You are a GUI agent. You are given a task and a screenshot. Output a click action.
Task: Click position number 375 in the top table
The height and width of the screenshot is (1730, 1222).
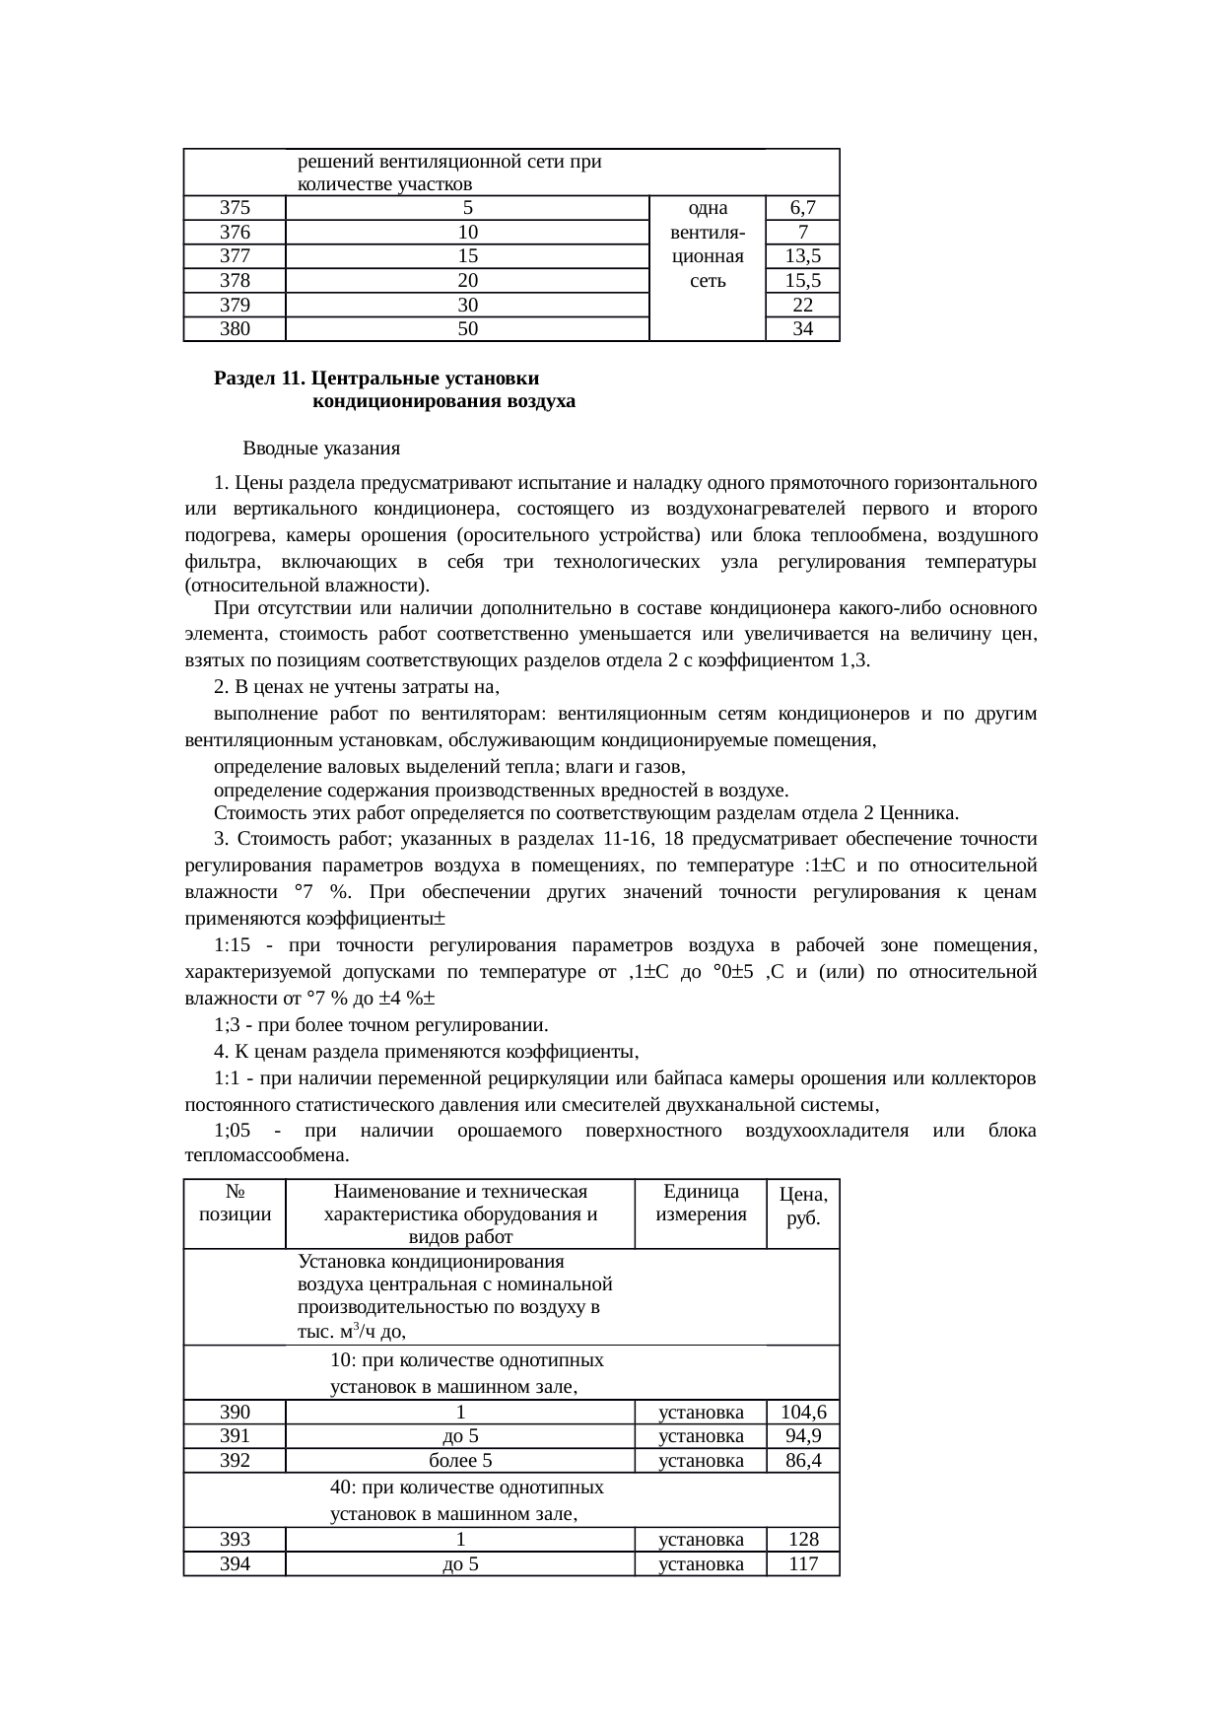[x=235, y=208]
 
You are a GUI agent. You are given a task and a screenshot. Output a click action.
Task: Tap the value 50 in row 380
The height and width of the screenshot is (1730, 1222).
[x=467, y=330]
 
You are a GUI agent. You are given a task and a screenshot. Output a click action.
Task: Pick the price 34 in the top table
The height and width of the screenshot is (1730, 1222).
[x=803, y=330]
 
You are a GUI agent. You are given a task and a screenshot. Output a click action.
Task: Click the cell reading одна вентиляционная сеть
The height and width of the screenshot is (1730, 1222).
[x=708, y=244]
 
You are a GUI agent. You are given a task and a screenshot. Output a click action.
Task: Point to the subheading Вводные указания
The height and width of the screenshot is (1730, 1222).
[x=321, y=450]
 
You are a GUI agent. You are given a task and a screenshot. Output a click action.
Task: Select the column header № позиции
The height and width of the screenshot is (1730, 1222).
[x=235, y=1203]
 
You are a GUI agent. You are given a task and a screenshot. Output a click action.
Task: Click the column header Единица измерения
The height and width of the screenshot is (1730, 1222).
[x=701, y=1203]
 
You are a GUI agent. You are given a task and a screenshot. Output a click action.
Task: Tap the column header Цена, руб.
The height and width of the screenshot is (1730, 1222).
[x=803, y=1205]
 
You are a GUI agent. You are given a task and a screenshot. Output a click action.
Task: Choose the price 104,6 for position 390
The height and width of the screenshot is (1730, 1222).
[x=803, y=1413]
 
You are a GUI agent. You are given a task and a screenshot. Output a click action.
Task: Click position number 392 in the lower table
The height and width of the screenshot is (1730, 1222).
[x=235, y=1461]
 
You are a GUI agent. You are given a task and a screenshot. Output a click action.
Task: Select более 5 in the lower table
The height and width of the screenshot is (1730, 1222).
[x=460, y=1461]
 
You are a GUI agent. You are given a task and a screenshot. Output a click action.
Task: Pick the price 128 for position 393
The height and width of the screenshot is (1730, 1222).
[x=803, y=1540]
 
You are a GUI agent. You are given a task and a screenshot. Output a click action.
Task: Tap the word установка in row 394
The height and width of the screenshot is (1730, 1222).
[x=701, y=1563]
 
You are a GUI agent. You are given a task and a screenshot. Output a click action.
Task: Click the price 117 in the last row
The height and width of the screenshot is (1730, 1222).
[x=803, y=1563]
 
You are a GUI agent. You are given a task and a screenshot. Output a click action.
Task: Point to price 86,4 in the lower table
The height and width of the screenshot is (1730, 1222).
[x=803, y=1461]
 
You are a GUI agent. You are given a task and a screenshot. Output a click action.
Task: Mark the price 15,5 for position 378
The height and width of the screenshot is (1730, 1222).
[x=803, y=281]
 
